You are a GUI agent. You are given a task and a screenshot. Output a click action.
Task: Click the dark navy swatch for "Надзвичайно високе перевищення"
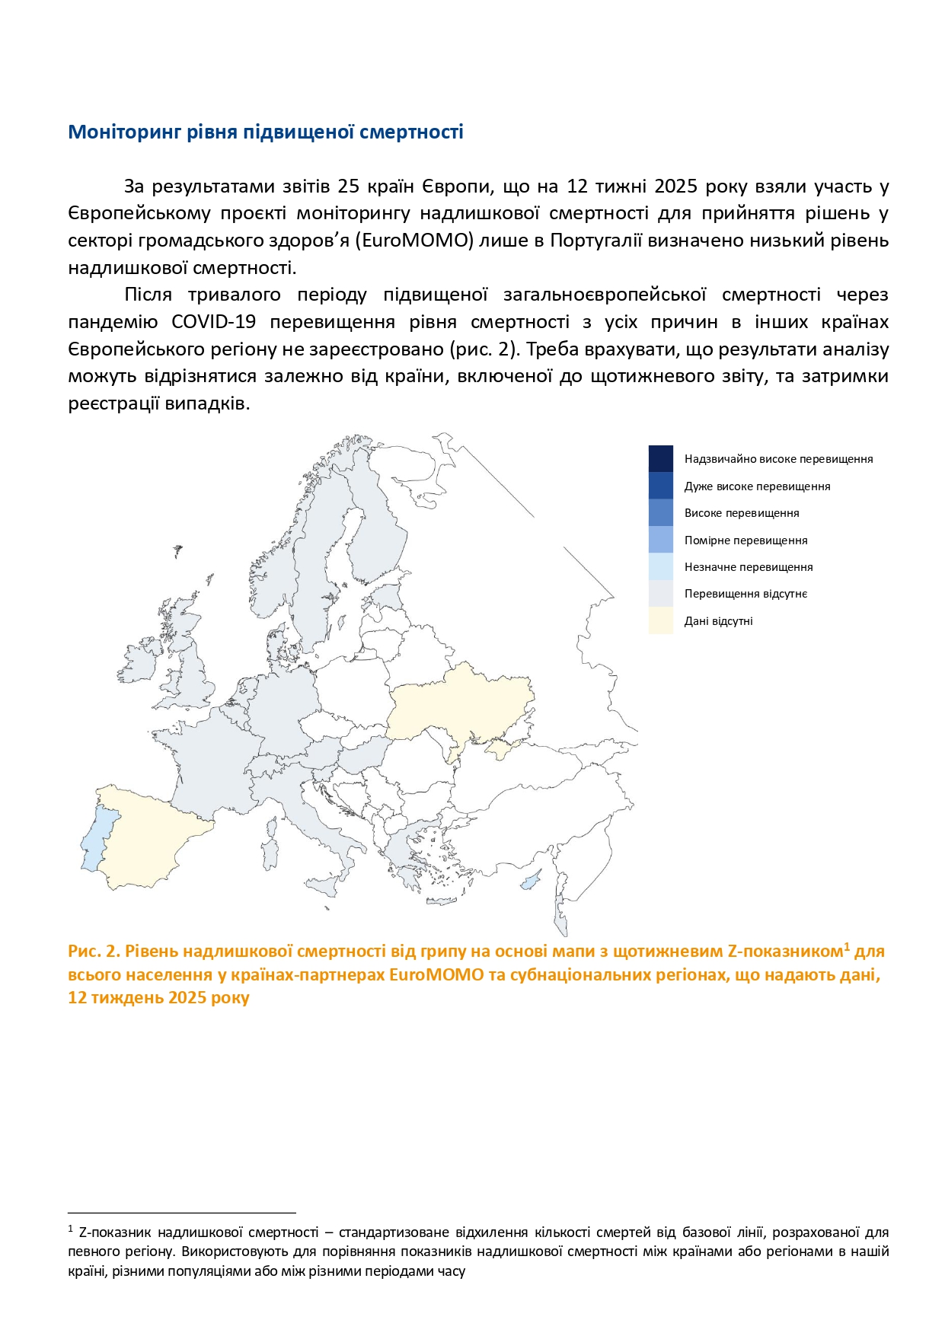pos(660,458)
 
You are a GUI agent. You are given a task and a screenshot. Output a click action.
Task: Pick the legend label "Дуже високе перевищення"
pos(757,486)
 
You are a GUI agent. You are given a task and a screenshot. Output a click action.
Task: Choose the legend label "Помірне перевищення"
pos(745,540)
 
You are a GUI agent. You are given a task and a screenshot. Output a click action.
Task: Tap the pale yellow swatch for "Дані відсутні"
pos(660,620)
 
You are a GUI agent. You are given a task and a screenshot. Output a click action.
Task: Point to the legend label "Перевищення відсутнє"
pos(745,594)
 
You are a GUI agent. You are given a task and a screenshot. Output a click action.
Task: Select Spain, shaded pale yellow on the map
pos(145,837)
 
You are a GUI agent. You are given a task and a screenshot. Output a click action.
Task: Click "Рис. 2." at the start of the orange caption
pos(94,952)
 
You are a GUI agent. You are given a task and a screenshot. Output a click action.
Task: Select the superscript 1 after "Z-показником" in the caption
pos(847,946)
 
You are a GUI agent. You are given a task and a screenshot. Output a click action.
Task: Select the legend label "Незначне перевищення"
pos(749,567)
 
